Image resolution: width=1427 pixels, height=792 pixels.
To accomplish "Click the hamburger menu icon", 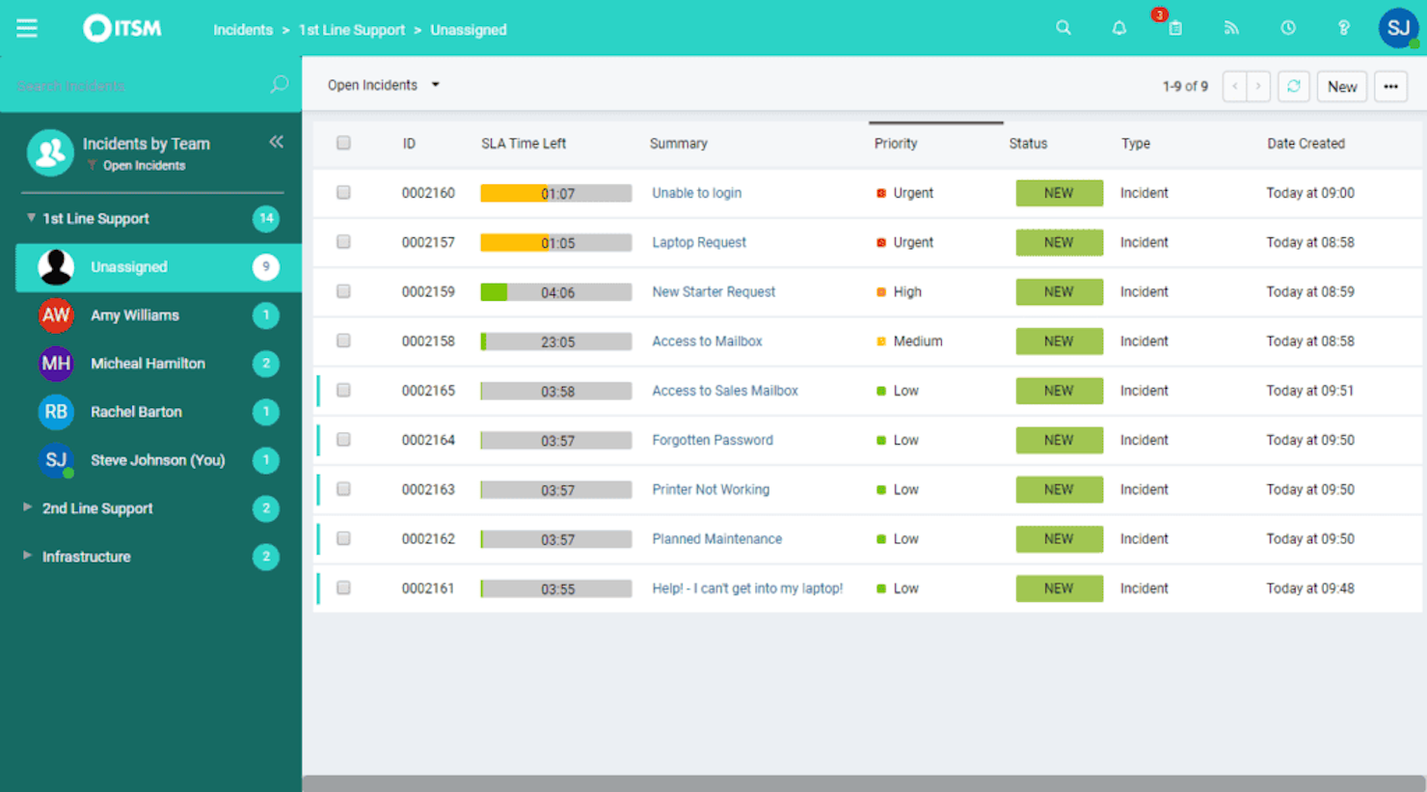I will (27, 29).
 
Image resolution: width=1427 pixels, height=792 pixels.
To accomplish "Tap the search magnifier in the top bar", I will (1064, 28).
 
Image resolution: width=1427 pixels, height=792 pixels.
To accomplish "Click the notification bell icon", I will (1118, 29).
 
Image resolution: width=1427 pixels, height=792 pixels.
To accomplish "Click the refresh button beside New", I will (1294, 86).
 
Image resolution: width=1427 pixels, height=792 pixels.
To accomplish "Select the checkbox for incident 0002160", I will (343, 193).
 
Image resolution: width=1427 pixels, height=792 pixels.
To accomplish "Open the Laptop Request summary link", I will (699, 242).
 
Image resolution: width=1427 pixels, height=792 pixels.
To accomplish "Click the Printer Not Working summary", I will (711, 489).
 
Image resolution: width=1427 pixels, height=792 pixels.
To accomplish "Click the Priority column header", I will (896, 144).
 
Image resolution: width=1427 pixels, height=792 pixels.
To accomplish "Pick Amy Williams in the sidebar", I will (134, 315).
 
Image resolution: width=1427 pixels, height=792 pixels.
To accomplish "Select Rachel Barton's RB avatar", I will (56, 412).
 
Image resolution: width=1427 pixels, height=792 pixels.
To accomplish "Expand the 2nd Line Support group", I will (96, 508).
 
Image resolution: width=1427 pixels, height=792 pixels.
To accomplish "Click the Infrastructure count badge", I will (266, 557).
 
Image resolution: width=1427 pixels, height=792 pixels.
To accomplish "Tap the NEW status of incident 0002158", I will (1059, 341).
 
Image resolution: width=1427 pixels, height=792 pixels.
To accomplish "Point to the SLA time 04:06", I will (557, 292).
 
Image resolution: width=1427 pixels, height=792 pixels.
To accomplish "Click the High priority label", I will (906, 291).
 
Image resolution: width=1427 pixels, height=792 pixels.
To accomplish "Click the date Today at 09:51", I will (1309, 391).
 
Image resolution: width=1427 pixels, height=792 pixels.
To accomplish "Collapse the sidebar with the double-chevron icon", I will (277, 142).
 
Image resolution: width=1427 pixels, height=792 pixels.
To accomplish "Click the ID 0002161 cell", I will (427, 588).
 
